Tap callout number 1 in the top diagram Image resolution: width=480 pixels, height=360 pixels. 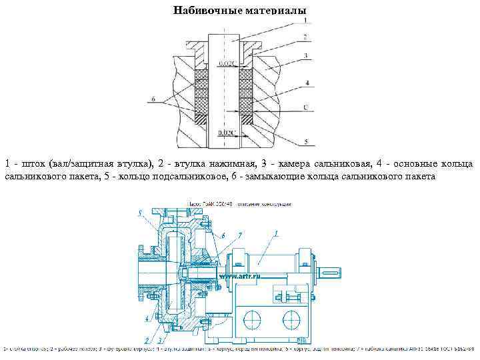306,20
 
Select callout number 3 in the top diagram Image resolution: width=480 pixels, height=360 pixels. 306,55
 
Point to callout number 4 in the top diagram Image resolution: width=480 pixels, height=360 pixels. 306,83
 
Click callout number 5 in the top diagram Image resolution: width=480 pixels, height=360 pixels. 306,142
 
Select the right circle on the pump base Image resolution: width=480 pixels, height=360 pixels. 291,315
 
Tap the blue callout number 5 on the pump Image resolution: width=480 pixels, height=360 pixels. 140,213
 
